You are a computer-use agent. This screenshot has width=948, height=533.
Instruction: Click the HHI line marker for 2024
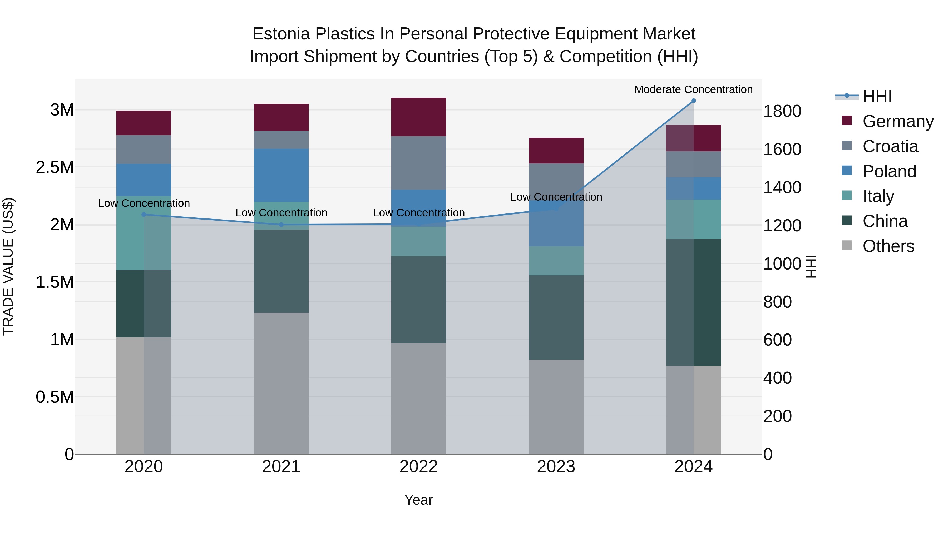tap(693, 101)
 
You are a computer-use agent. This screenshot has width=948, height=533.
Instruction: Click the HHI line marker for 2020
tap(144, 215)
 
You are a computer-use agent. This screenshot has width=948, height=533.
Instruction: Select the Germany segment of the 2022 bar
tap(418, 117)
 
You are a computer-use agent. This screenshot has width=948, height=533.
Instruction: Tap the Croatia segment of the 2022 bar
tap(418, 163)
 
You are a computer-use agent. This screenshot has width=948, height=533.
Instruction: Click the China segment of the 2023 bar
tap(556, 317)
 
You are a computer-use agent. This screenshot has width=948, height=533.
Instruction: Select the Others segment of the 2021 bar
tap(281, 383)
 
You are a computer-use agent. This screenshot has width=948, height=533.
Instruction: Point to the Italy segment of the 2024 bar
tap(693, 219)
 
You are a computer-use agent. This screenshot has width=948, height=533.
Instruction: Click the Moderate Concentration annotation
tap(693, 89)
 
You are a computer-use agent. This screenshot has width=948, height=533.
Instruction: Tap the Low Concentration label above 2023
tap(556, 197)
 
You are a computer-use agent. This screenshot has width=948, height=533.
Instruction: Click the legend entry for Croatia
tap(890, 146)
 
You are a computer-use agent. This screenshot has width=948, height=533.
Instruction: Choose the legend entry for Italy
tap(878, 196)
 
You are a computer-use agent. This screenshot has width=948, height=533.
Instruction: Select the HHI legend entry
tap(877, 96)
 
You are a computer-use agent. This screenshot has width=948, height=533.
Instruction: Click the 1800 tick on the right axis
tap(782, 111)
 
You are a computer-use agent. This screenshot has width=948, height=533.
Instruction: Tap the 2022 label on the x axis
tap(418, 467)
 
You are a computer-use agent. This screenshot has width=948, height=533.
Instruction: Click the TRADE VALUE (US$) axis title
tap(8, 266)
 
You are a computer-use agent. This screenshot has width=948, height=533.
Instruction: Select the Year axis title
tap(418, 500)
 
